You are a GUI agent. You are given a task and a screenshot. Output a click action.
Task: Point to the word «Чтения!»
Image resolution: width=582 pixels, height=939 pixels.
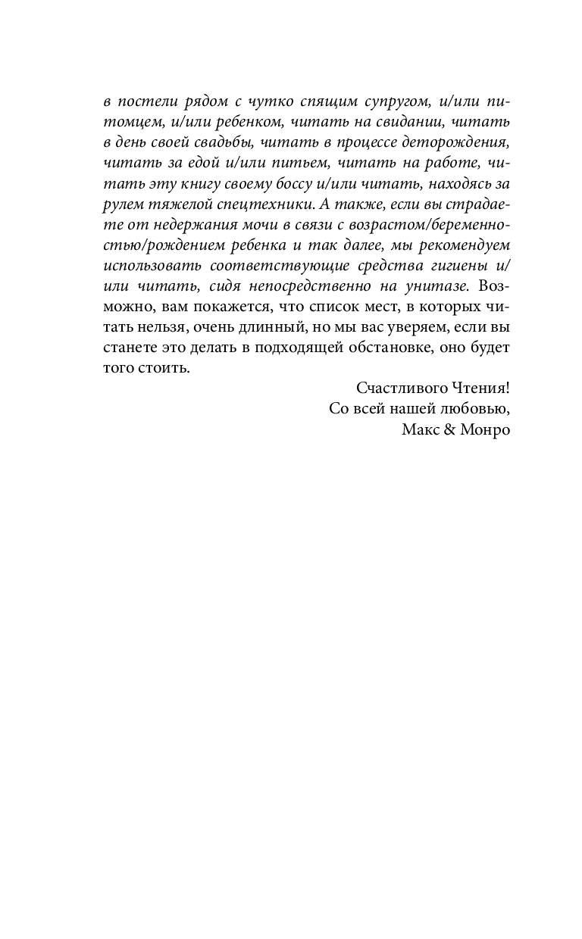coord(481,388)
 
